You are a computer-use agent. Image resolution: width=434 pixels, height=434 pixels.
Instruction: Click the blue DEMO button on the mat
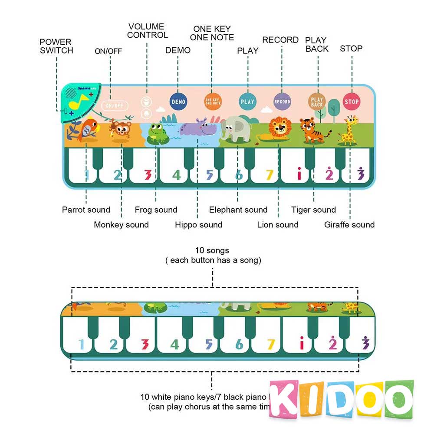[178, 102]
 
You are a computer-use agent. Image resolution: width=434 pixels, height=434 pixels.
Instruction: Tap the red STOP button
[352, 102]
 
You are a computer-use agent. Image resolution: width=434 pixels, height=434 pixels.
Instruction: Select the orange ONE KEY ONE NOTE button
[213, 102]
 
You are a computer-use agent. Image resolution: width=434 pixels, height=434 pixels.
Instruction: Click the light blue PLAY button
[247, 102]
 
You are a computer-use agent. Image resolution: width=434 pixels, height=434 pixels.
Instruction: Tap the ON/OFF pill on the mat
[115, 105]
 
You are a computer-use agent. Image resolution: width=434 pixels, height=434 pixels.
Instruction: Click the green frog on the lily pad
[157, 133]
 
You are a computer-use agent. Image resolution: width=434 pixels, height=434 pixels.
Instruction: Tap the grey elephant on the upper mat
[236, 128]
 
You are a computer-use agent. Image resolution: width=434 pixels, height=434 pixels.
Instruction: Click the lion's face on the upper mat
[278, 127]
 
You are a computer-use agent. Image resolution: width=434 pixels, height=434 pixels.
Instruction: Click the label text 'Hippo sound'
[198, 225]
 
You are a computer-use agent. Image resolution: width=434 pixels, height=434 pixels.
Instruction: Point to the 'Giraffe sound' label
[349, 225]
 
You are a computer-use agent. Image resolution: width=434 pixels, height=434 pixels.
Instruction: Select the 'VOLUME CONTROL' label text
[147, 31]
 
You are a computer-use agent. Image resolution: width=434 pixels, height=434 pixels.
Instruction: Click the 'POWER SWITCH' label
[56, 46]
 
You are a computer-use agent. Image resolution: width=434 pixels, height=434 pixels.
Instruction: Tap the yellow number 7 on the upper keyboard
[270, 175]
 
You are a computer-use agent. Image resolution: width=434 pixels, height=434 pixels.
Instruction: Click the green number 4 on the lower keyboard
[174, 345]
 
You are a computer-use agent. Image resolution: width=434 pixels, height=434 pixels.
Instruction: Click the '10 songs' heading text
[212, 250]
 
